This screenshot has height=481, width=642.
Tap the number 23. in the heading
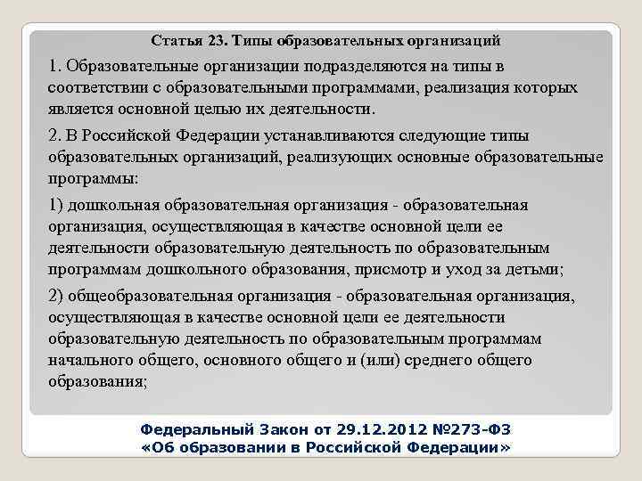(218, 41)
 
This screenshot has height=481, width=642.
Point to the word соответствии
(98, 88)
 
